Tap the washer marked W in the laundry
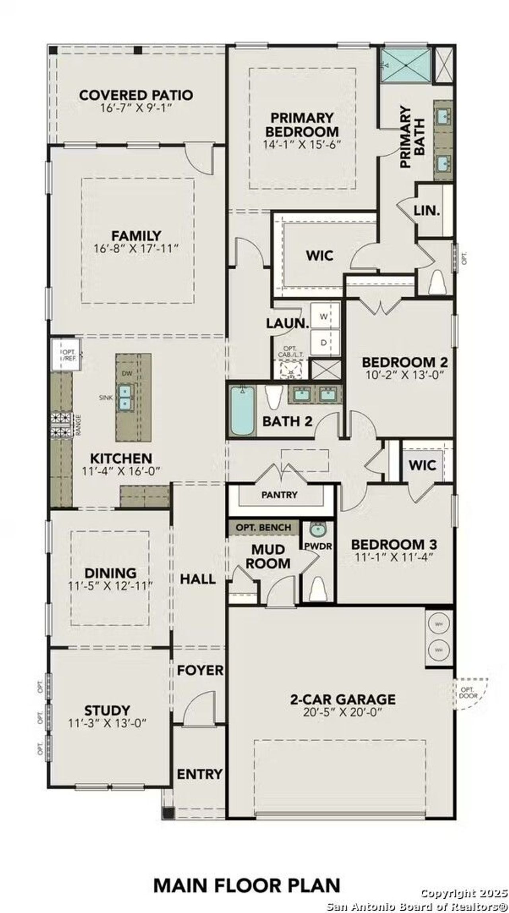point(324,317)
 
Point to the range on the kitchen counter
point(61,425)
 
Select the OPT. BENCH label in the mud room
point(263,528)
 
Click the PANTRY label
point(279,495)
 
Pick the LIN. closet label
point(427,210)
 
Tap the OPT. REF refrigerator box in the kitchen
point(66,355)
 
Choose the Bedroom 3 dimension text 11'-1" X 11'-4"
point(394,557)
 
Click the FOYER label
point(200,670)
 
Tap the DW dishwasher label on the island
point(127,373)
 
